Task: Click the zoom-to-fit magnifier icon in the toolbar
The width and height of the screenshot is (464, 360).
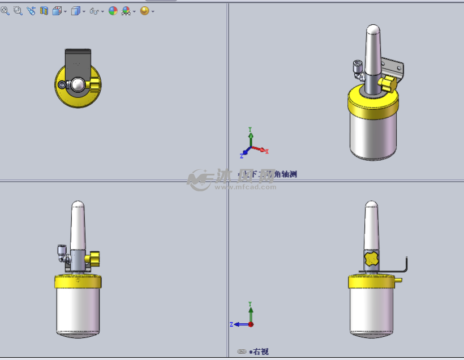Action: click(5, 11)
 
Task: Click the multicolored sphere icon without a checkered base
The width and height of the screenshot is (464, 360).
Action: click(113, 11)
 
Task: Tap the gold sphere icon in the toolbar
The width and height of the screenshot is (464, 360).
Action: click(144, 11)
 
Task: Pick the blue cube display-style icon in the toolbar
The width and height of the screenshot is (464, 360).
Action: click(75, 11)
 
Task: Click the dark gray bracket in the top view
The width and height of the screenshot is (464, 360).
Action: click(78, 59)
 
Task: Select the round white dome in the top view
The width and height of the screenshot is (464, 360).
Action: click(78, 85)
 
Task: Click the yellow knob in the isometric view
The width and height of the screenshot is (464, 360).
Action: click(388, 84)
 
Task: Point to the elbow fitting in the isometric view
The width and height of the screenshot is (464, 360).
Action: click(357, 68)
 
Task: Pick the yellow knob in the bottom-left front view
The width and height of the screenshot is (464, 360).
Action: click(93, 260)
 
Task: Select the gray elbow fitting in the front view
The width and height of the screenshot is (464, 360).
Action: click(61, 251)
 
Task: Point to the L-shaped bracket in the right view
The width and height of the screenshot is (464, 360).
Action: click(405, 267)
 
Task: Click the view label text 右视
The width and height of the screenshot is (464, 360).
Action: click(261, 352)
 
